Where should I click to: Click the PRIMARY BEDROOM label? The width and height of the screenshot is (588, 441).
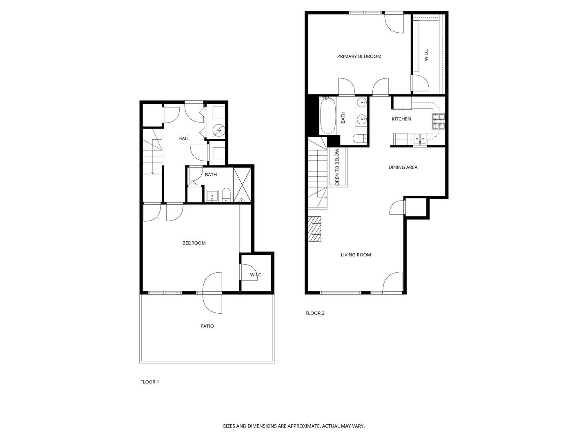tap(359, 56)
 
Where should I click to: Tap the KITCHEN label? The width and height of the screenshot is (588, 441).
tap(401, 119)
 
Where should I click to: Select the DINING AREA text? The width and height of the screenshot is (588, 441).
tap(403, 167)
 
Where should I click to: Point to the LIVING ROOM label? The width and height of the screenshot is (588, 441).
tap(356, 255)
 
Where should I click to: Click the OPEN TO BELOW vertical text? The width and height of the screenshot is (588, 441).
tap(337, 167)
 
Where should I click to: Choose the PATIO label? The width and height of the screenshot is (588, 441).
tap(207, 326)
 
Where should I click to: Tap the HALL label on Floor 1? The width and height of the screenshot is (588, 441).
tap(184, 139)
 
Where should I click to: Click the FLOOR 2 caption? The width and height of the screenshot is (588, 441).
tap(315, 313)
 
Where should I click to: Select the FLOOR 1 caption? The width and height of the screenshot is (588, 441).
tap(149, 382)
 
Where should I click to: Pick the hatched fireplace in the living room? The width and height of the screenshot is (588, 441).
tap(315, 229)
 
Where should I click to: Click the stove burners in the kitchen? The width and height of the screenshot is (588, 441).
tap(439, 121)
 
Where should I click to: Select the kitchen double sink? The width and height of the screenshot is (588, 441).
tap(420, 138)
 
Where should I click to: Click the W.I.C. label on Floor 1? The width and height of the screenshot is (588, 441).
tap(256, 275)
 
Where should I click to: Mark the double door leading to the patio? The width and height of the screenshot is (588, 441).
tap(212, 293)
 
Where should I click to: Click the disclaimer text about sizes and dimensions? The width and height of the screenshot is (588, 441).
tap(294, 426)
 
